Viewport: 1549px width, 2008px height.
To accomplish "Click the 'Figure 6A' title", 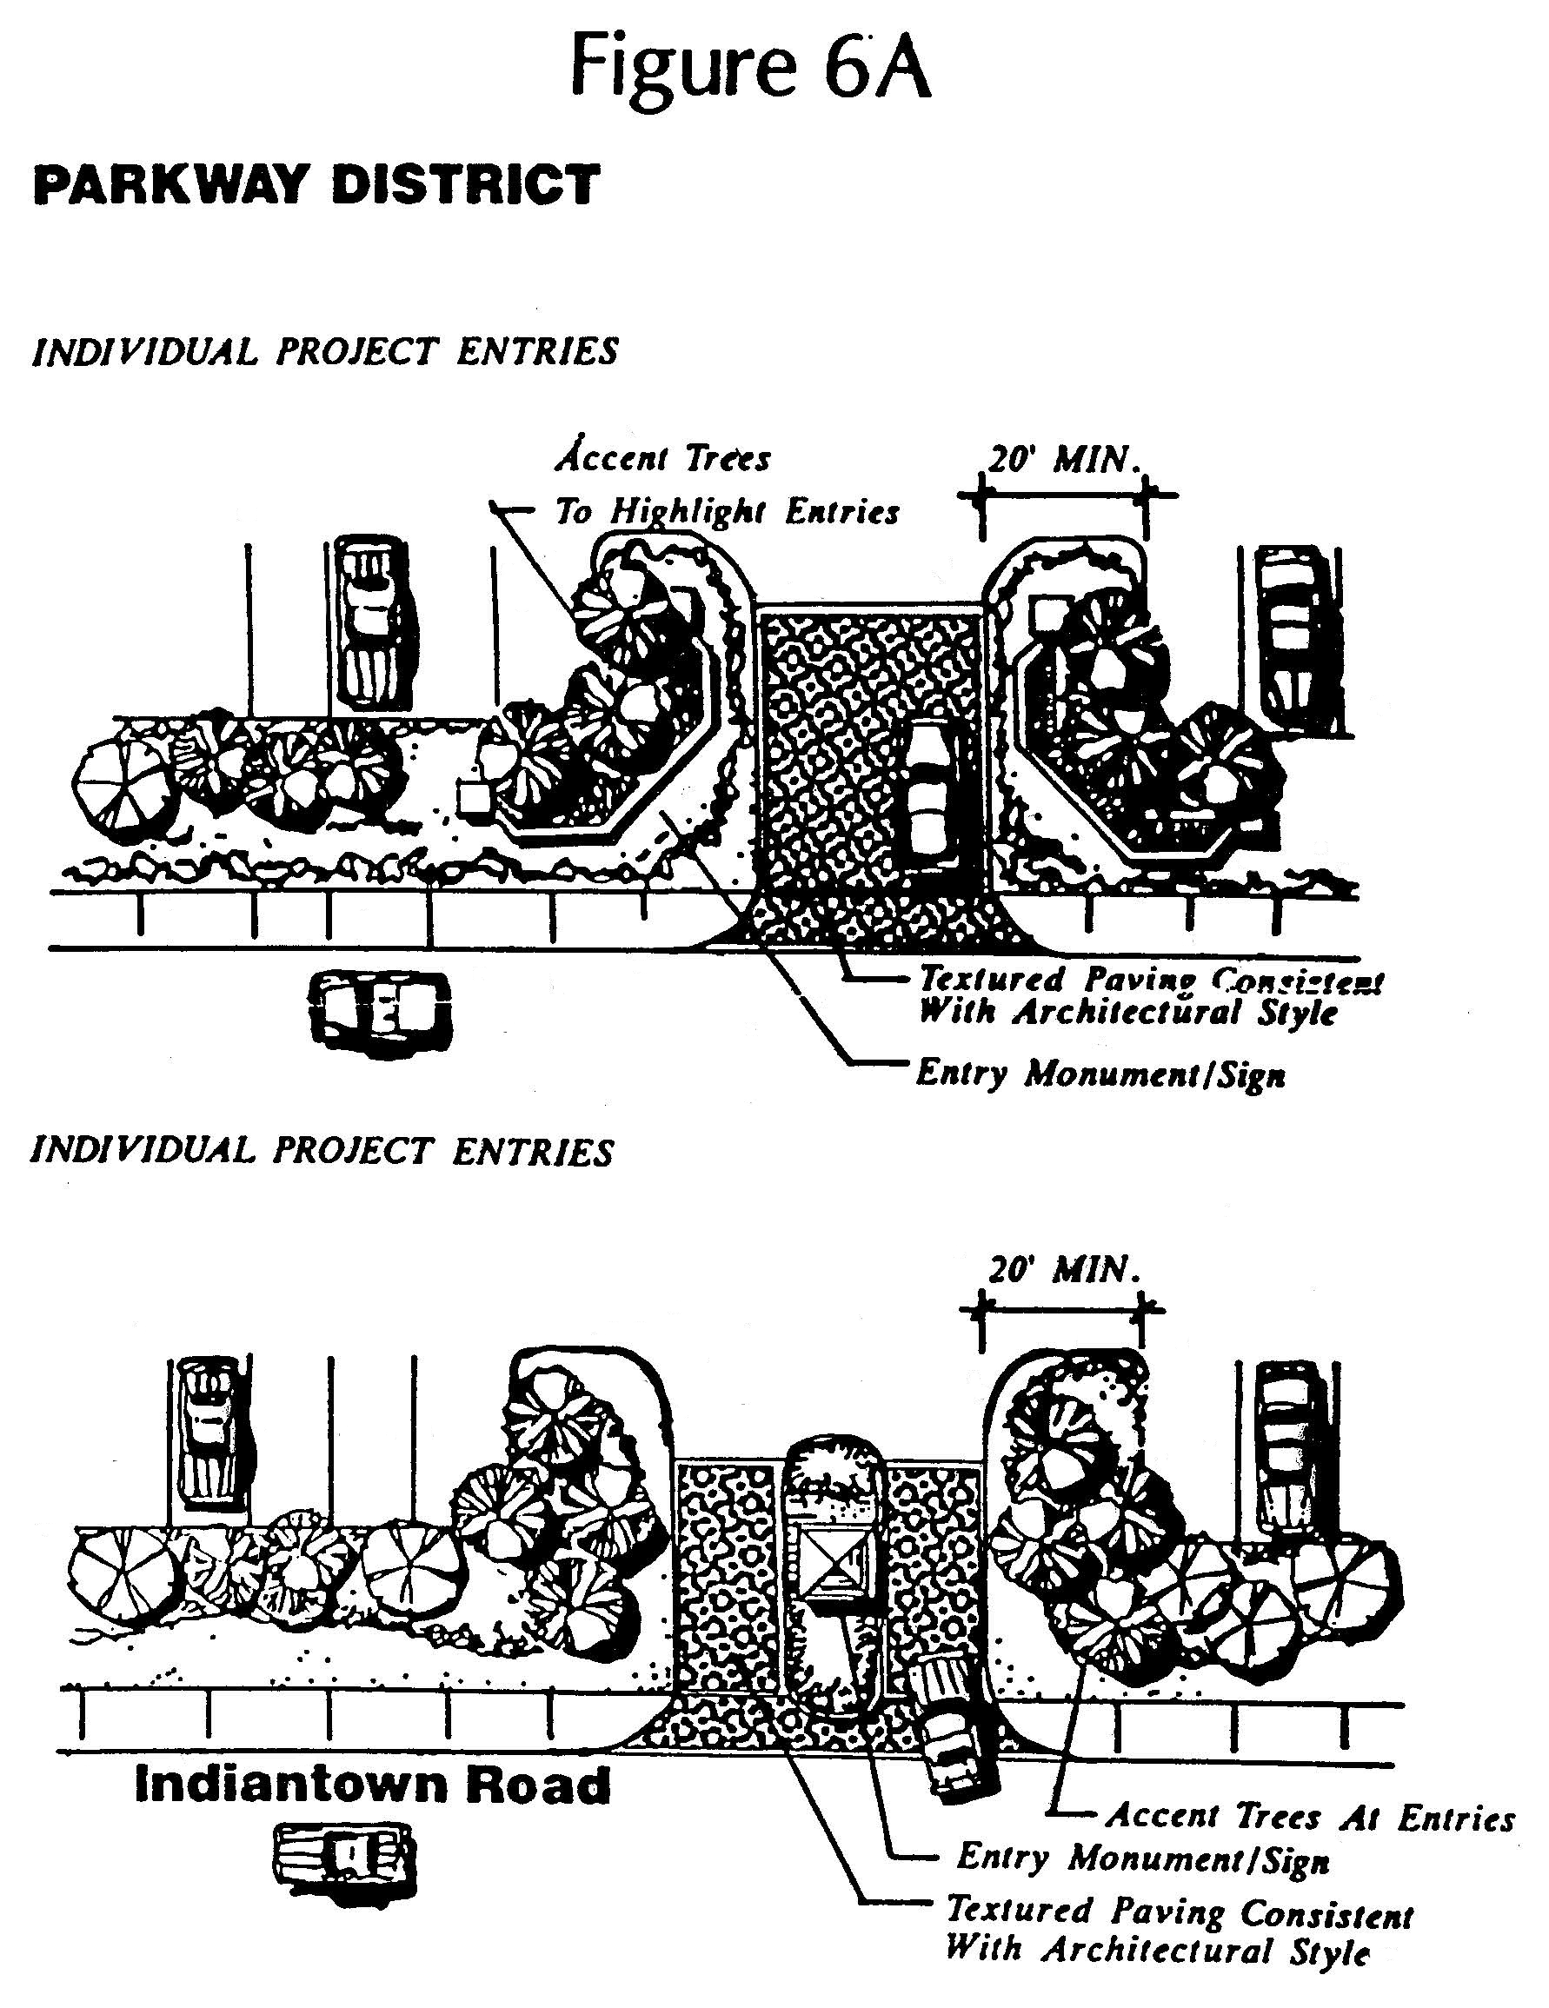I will tap(750, 67).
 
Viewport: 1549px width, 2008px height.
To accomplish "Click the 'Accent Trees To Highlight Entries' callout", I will tap(726, 484).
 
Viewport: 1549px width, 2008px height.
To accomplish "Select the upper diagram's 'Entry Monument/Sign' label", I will tap(1100, 1074).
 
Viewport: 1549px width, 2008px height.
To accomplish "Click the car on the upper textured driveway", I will tap(930, 790).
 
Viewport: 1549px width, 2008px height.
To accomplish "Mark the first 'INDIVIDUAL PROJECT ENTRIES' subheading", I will tap(324, 352).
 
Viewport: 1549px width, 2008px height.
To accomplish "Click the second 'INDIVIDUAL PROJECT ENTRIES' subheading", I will tap(322, 1152).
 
